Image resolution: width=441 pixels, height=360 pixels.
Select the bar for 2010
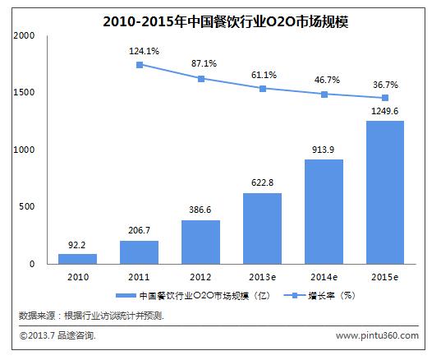[x=77, y=258]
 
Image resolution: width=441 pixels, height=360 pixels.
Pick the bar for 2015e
[x=384, y=192]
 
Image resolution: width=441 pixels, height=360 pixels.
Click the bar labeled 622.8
[x=262, y=228]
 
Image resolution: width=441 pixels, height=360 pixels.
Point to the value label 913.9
[x=324, y=150]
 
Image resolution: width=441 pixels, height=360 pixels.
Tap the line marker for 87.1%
[x=201, y=79]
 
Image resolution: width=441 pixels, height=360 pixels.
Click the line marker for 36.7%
[x=385, y=98]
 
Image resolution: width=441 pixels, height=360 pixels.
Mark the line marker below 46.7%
[x=324, y=95]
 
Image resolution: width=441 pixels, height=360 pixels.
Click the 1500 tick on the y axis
[x=24, y=93]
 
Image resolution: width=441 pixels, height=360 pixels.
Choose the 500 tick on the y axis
[x=27, y=207]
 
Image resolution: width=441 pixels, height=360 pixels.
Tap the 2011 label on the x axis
[x=139, y=278]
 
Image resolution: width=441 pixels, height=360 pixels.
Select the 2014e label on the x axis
[x=324, y=278]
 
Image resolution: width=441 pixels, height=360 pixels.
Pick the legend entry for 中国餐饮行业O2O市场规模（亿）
[x=188, y=295]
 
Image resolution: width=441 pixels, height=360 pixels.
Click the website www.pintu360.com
[x=377, y=335]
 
